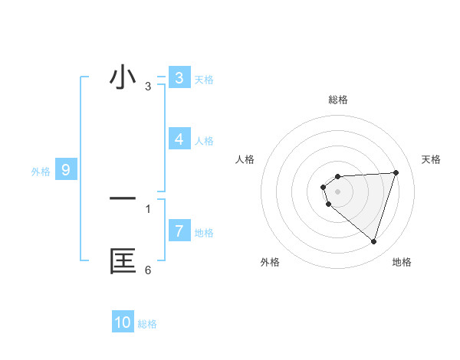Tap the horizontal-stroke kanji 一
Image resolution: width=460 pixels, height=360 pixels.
pyautogui.click(x=123, y=198)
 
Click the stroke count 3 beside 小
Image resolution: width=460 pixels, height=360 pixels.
pyautogui.click(x=148, y=87)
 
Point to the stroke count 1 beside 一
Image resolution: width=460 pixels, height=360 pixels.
pyautogui.click(x=148, y=208)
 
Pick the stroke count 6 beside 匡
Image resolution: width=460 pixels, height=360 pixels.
pyautogui.click(x=148, y=270)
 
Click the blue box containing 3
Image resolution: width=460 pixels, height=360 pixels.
pyautogui.click(x=179, y=78)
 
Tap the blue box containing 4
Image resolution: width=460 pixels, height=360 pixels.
pyautogui.click(x=179, y=139)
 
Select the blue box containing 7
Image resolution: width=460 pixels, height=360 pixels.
pyautogui.click(x=179, y=231)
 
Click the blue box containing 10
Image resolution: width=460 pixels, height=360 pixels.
pyautogui.click(x=123, y=322)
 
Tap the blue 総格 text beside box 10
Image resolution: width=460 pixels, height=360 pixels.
pyautogui.click(x=147, y=324)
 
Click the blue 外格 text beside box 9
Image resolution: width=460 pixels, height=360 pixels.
pyautogui.click(x=41, y=172)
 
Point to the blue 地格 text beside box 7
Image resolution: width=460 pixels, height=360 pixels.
pyautogui.click(x=204, y=233)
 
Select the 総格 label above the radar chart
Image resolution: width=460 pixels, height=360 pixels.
pyautogui.click(x=337, y=100)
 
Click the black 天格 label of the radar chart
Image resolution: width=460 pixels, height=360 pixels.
pyautogui.click(x=431, y=159)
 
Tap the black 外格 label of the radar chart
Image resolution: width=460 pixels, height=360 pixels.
pyautogui.click(x=270, y=262)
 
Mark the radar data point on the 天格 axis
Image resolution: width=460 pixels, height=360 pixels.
pyautogui.click(x=396, y=172)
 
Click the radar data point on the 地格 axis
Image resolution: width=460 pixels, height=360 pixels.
pyautogui.click(x=373, y=241)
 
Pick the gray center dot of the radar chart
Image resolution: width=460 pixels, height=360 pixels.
pyautogui.click(x=337, y=191)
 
